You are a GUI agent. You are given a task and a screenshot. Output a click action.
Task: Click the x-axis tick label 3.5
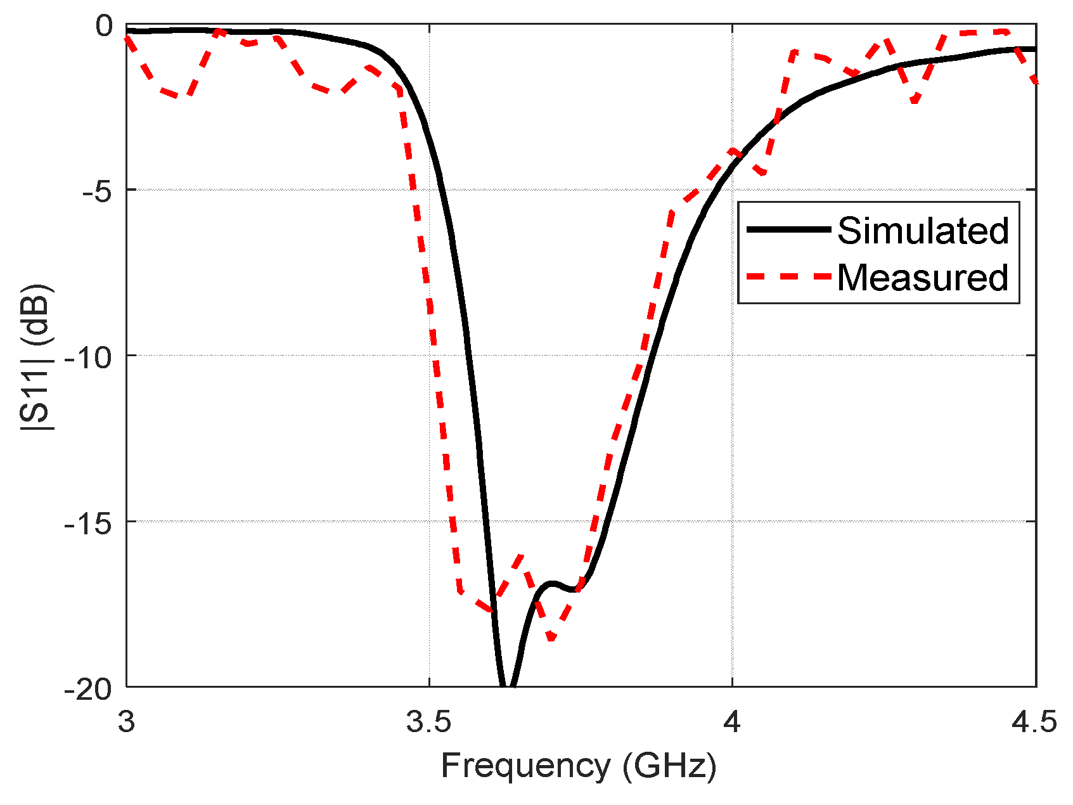point(429,722)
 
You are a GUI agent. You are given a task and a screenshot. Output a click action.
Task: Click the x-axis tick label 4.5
point(1035,722)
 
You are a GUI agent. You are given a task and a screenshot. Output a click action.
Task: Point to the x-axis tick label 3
point(127,722)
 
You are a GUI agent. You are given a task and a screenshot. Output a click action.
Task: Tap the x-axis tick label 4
point(732,722)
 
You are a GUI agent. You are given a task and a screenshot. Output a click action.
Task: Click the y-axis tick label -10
point(89,356)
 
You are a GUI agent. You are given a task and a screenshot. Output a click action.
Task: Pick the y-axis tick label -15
point(89,522)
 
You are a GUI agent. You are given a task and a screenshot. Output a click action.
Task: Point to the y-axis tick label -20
point(89,687)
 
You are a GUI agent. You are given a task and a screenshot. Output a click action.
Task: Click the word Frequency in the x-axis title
point(525,766)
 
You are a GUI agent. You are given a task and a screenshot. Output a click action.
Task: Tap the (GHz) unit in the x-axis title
point(669,766)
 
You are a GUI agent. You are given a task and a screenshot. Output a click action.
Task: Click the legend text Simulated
point(923,230)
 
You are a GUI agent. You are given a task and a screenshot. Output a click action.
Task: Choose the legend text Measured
point(923,278)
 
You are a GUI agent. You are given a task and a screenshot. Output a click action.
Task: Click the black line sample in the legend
point(788,230)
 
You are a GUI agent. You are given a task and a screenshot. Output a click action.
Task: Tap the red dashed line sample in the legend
point(788,277)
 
